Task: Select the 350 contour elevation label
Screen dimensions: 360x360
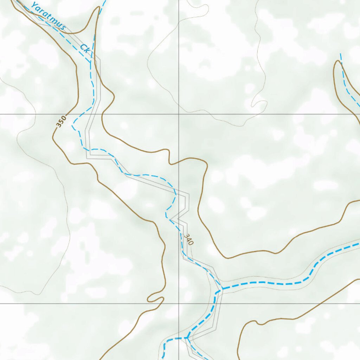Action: [61, 122]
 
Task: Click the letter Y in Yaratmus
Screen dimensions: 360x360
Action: [34, 5]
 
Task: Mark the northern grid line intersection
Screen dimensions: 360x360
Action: [179, 114]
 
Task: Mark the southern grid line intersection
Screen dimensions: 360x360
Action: [179, 303]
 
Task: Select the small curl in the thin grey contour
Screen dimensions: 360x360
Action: [259, 104]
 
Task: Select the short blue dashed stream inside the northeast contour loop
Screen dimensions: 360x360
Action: [346, 81]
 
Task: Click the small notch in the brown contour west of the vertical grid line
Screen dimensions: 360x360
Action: [169, 158]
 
